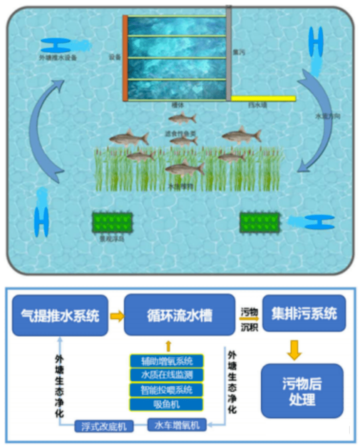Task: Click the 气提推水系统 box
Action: (x=60, y=315)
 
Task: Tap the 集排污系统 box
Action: (x=304, y=313)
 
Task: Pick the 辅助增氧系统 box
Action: (x=167, y=361)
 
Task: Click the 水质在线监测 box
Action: (x=167, y=375)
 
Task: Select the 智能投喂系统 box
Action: (x=167, y=390)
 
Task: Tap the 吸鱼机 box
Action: (x=167, y=404)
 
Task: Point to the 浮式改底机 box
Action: (x=104, y=426)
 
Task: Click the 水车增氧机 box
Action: (x=177, y=425)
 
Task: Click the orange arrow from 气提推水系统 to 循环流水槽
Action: (x=116, y=316)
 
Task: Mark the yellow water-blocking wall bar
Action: (x=264, y=98)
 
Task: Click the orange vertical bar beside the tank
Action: (x=125, y=58)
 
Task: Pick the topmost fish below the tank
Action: (x=182, y=118)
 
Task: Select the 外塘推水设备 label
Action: (x=58, y=57)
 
